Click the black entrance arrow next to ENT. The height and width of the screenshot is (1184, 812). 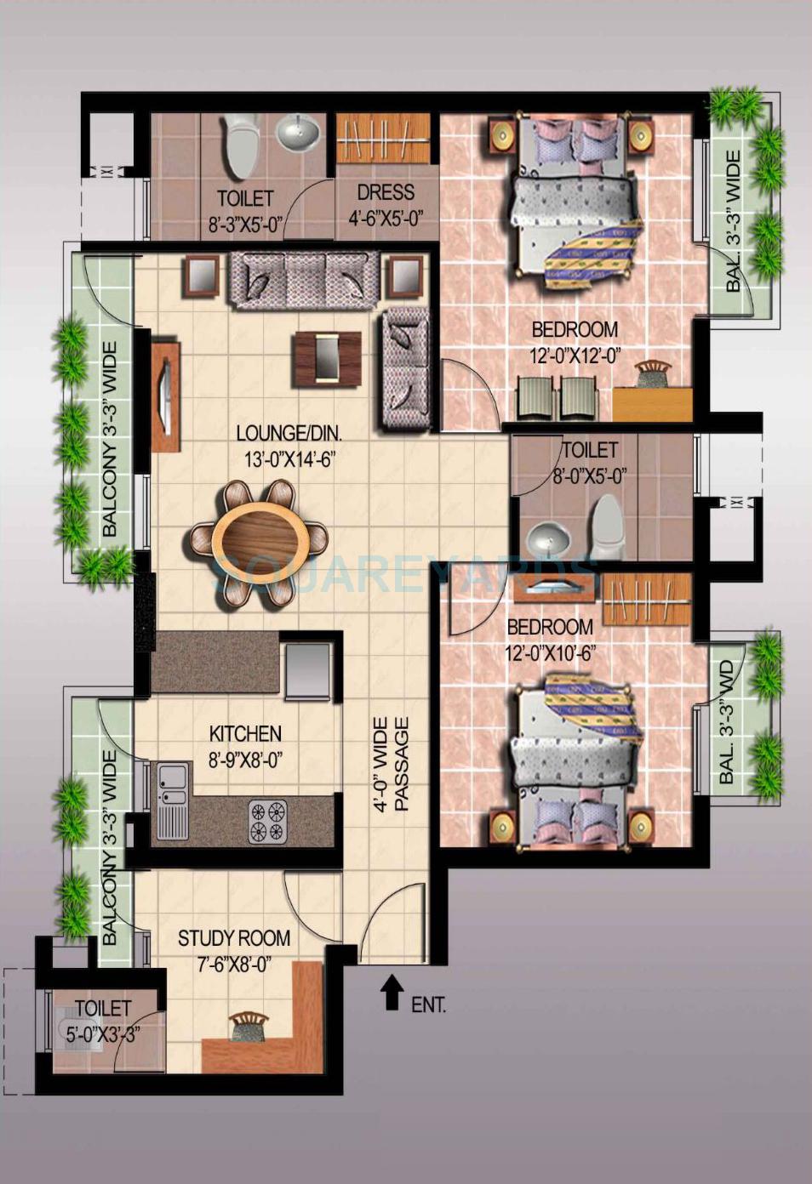tap(391, 992)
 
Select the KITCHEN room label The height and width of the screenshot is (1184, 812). tap(245, 733)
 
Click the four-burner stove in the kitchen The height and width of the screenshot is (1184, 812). tap(267, 821)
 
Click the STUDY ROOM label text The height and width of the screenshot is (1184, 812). tap(234, 938)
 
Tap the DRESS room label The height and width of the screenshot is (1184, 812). tap(386, 192)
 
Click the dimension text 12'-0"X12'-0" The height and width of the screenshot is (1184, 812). tap(575, 356)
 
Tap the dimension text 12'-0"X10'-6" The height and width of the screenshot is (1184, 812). tap(549, 653)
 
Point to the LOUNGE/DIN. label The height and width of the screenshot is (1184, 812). tap(289, 434)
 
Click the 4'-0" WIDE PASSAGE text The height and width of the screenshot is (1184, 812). tap(392, 764)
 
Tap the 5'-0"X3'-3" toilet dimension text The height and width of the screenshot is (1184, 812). tap(103, 1034)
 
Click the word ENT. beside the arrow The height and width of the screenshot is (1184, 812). tap(429, 1005)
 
